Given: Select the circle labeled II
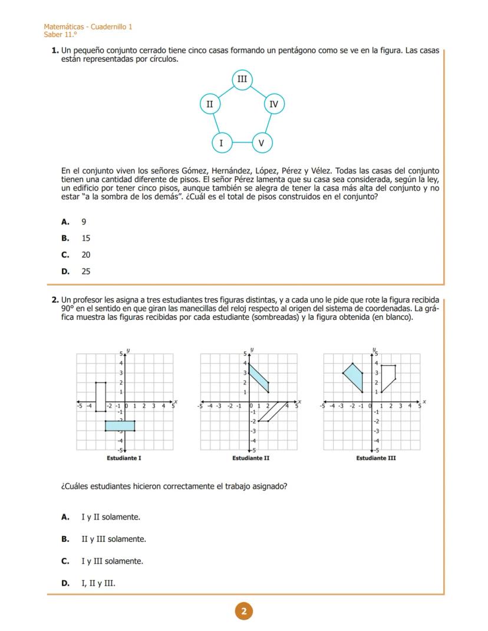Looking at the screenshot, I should (x=209, y=104).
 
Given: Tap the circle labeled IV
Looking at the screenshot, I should (x=273, y=104).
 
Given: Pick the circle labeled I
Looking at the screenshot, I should (x=222, y=143).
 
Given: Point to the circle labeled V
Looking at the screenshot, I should (x=262, y=143).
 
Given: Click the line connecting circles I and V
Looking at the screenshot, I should (x=242, y=143).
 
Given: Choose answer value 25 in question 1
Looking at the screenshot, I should (x=86, y=272).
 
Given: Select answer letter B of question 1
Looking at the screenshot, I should (x=65, y=239).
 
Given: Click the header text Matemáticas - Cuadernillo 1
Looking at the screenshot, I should (x=88, y=27).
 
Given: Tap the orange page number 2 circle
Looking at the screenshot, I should (x=244, y=612).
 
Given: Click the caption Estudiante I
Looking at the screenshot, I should (x=124, y=458).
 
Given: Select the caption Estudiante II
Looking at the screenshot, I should (x=250, y=458).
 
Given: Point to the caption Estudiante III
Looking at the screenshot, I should (x=375, y=458).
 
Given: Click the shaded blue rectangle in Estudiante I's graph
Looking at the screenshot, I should (x=120, y=425).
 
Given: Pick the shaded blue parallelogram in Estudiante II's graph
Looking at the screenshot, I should (x=259, y=378).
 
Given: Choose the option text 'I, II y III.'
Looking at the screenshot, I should (x=98, y=583).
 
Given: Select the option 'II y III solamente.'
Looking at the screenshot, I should (x=114, y=539).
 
